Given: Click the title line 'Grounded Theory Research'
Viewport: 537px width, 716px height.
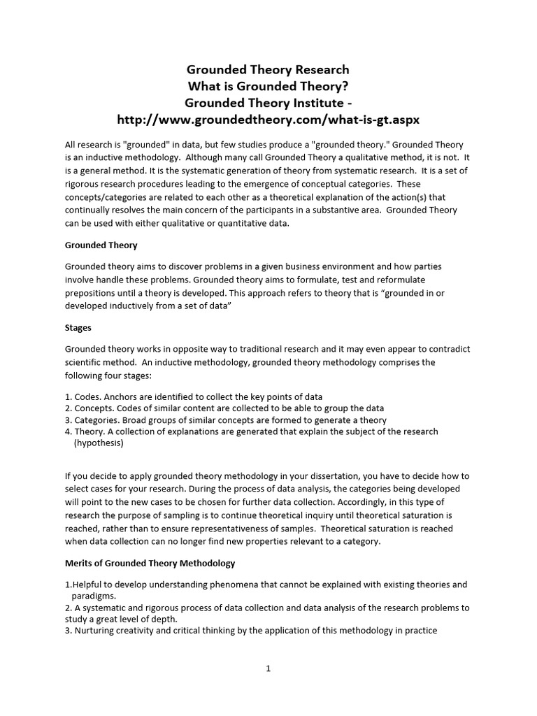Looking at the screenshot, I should click(268, 70).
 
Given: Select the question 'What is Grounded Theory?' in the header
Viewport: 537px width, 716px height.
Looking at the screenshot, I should click(268, 86).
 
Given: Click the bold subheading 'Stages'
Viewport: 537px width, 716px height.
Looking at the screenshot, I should click(78, 327).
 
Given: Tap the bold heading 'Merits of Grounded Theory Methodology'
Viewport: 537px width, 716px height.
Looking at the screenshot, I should click(150, 563).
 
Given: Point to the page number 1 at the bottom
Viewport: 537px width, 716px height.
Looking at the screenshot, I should click(268, 668).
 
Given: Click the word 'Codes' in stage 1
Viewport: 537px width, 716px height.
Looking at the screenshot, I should click(87, 396).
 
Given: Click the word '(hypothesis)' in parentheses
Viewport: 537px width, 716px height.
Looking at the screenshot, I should click(99, 443).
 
